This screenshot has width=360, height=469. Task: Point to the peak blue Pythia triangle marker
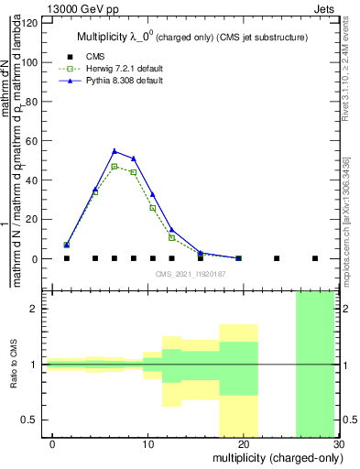point(115,151)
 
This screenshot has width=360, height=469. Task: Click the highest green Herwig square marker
point(115,167)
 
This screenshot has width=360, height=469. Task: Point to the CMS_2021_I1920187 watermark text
point(191,273)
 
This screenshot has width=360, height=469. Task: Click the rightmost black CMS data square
point(315,258)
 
